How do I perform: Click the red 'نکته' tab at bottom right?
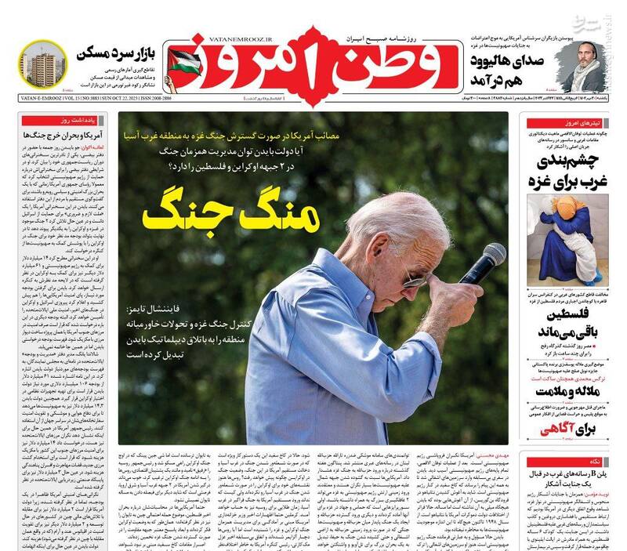[x=611, y=461]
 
